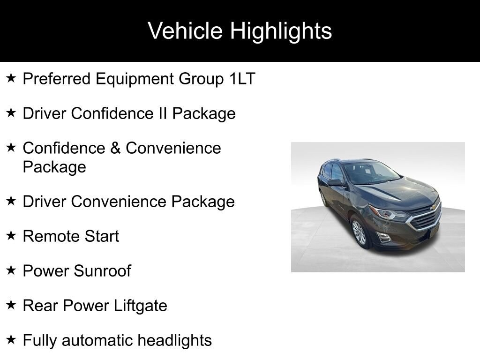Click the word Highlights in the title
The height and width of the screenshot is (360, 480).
[281, 31]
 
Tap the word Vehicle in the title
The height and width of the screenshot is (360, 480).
[185, 31]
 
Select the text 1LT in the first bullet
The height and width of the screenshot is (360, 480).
[242, 79]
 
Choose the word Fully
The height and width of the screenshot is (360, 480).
[41, 340]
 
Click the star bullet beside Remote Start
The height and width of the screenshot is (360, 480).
[11, 236]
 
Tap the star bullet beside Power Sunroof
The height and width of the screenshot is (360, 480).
[11, 270]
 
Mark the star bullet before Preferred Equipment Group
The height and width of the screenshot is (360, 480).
[11, 78]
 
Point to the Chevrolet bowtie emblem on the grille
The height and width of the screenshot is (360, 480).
[433, 207]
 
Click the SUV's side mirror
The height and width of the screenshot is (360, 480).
[336, 182]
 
